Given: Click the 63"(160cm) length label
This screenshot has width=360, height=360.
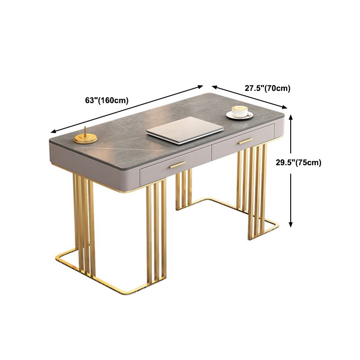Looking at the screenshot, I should pos(107,100).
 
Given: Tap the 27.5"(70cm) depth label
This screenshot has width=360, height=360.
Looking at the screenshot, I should pos(267,88).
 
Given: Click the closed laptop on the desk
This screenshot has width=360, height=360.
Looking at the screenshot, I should pos(185,130).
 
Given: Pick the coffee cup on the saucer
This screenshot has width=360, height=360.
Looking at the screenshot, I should pos(238,111).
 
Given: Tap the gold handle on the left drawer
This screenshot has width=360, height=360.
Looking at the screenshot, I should pos(178,165).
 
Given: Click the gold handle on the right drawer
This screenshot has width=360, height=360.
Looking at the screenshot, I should pos(246,141).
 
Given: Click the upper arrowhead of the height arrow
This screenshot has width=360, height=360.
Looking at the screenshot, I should pos(292,118).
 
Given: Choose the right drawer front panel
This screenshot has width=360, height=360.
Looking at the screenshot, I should pos(243,143).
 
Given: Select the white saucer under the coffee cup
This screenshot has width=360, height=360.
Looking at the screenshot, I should pos(238,116).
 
